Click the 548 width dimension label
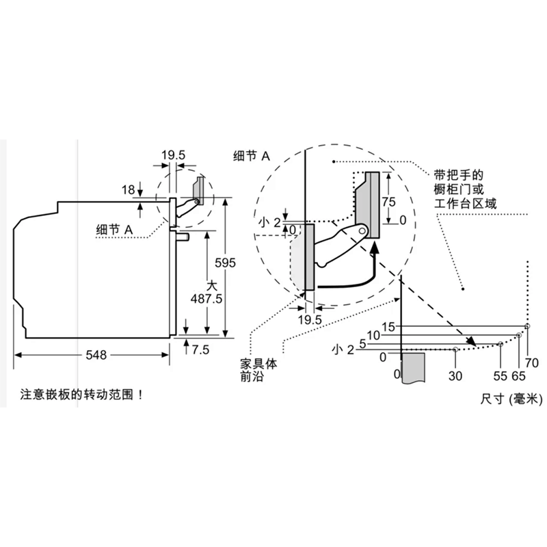96,355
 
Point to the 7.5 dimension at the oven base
200,349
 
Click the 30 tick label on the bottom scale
455,375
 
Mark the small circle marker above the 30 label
455,349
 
